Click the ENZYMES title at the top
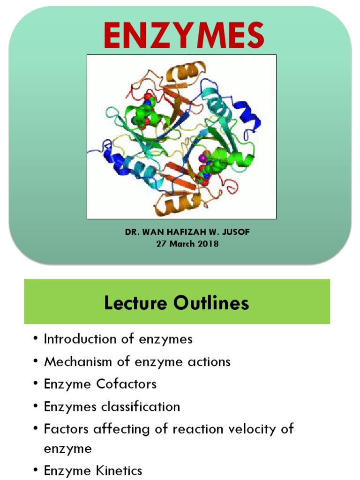(183, 36)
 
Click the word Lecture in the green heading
(136, 303)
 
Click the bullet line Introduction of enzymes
(118, 339)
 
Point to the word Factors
(63, 429)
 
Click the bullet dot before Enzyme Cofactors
(35, 384)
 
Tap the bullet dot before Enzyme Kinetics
(35, 471)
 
